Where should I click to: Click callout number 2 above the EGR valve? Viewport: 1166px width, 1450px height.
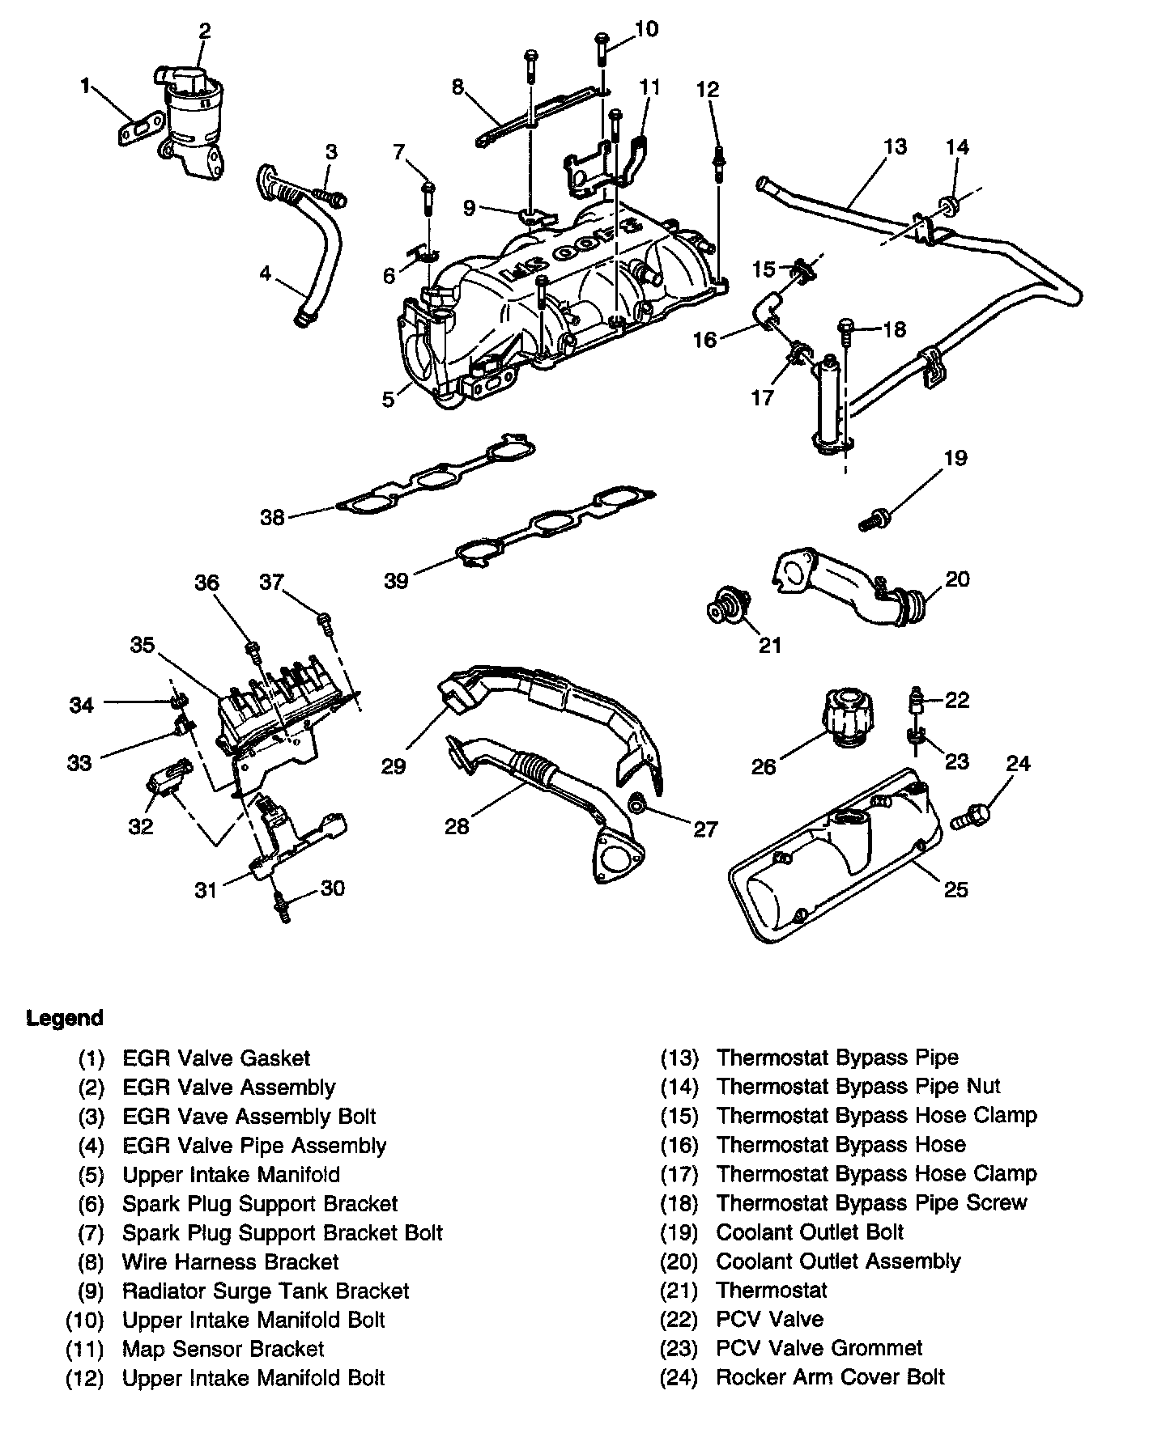[204, 31]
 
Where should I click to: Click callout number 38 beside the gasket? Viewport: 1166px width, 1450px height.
[272, 517]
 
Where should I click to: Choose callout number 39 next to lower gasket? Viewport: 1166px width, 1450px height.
[396, 580]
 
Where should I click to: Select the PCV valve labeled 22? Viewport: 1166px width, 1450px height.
[917, 699]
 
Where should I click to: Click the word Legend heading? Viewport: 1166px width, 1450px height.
[65, 1018]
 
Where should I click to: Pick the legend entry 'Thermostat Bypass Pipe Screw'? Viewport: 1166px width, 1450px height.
[871, 1202]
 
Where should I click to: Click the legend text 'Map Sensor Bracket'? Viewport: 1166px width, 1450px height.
[223, 1349]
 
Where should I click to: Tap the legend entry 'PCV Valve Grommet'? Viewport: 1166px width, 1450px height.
[819, 1348]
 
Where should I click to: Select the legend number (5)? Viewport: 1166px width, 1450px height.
[91, 1174]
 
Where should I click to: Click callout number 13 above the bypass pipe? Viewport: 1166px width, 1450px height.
[895, 147]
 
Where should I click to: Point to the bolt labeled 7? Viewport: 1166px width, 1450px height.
[428, 197]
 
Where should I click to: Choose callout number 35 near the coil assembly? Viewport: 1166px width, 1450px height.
[143, 645]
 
